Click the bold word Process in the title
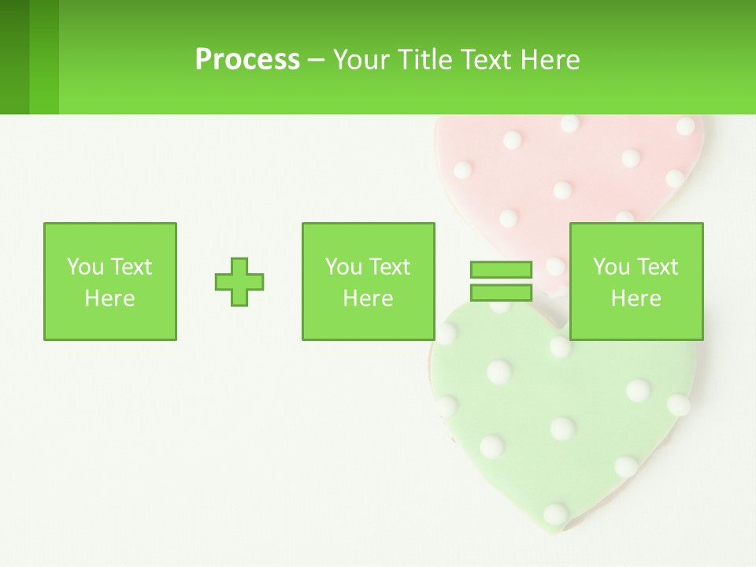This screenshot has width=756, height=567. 247,60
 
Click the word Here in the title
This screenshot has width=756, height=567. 550,60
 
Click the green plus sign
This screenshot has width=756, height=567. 239,281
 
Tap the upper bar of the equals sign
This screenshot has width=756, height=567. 501,270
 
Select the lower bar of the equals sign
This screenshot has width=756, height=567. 501,292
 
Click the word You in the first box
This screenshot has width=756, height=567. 85,267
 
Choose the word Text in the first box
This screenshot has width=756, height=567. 130,267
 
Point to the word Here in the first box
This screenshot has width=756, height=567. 109,298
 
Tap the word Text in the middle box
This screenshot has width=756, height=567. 388,267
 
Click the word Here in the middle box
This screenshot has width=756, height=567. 368,298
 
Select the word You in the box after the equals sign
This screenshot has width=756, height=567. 611,267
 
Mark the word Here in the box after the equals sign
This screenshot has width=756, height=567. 636,298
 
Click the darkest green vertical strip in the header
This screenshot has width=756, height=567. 14,57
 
